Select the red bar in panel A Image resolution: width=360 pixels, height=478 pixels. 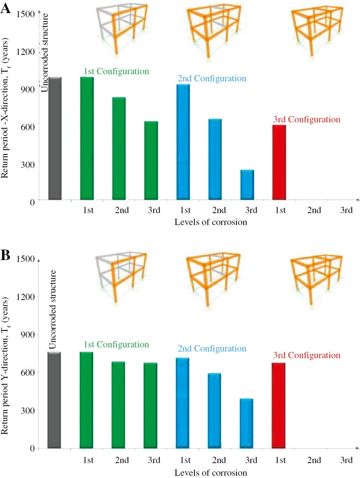tap(279, 162)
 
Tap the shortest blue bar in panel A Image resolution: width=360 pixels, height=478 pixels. tap(247, 185)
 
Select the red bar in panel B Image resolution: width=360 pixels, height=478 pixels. tap(279, 405)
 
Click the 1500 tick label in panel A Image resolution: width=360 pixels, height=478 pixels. tap(25, 14)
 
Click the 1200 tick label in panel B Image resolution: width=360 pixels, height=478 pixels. tap(25, 297)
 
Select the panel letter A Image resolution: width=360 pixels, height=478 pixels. tap(6, 8)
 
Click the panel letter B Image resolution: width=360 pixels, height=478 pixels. tap(5, 255)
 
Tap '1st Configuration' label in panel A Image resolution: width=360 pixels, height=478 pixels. tap(116, 71)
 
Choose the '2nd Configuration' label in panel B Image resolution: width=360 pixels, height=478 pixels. tap(212, 349)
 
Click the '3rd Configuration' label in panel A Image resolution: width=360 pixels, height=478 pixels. tap(307, 119)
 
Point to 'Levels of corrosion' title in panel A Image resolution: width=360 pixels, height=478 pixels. tap(211, 222)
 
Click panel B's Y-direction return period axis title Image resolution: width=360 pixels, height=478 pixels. tap(5, 366)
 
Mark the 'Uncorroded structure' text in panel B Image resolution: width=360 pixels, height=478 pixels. tap(53, 310)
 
